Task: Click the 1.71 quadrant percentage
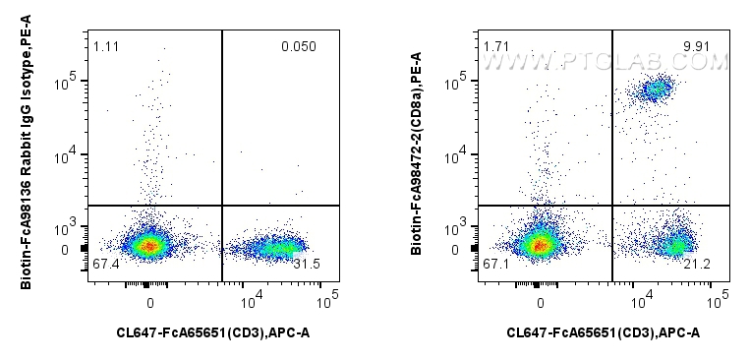(495, 46)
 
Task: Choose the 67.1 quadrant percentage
(495, 264)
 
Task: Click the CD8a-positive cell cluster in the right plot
(655, 90)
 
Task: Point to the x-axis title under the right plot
(604, 333)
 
